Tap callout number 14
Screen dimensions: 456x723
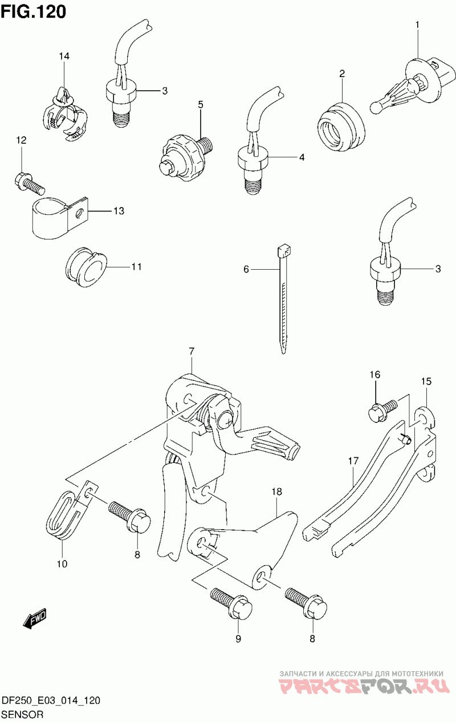click(x=64, y=56)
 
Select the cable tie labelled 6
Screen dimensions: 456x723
click(x=283, y=299)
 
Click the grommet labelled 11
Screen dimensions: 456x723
click(x=86, y=267)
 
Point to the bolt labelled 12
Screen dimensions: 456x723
click(x=29, y=184)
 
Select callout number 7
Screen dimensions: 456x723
click(x=192, y=351)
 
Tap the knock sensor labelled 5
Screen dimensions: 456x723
click(x=185, y=156)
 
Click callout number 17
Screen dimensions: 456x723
click(x=353, y=461)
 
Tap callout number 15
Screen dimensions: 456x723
click(x=426, y=381)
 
